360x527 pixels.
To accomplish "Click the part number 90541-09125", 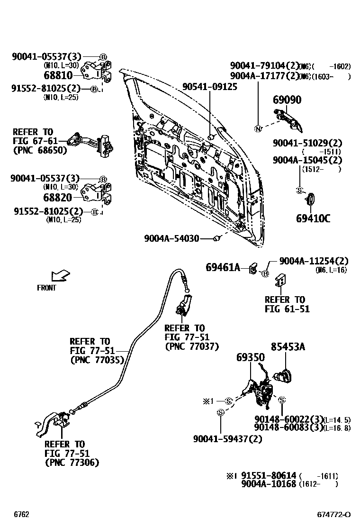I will point(211,87).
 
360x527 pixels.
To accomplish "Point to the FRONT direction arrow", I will point(60,276).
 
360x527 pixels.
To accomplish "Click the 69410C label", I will point(313,218).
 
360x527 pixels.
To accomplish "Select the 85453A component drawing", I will point(284,377).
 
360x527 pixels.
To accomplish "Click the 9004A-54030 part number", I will point(171,239).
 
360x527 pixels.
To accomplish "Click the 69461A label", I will point(223,268).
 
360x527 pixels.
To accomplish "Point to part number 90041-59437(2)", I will point(227,439).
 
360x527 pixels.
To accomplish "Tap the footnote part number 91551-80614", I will point(269,475).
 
